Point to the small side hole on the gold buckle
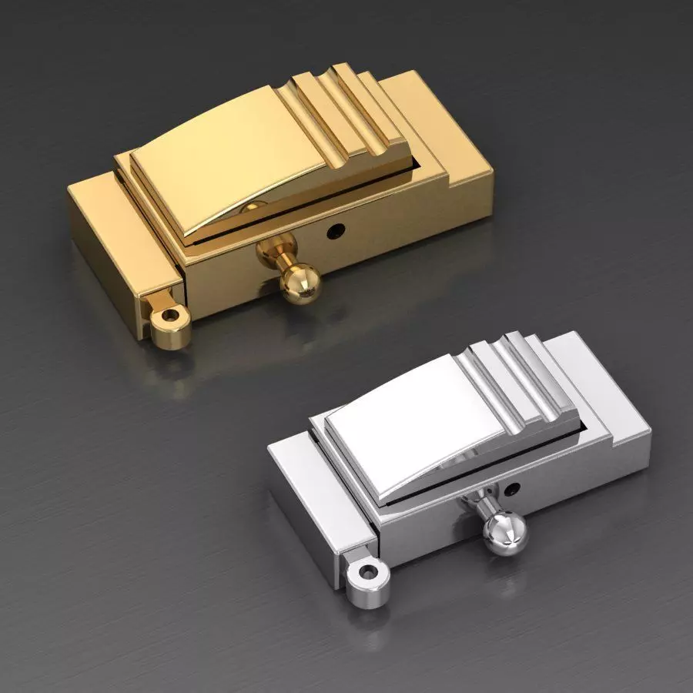pos(336,229)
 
